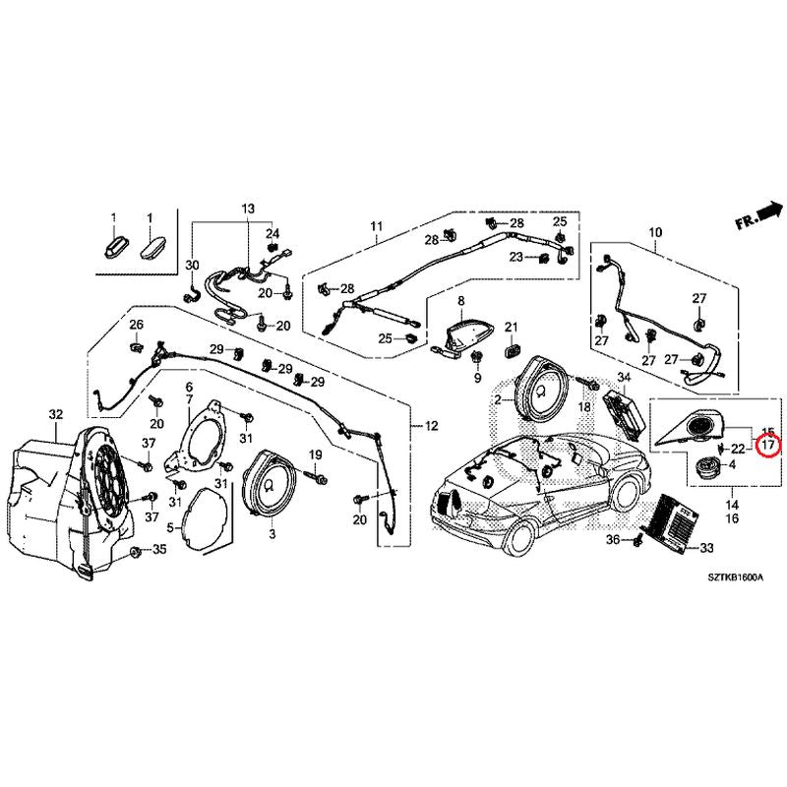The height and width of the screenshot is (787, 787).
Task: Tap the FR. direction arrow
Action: [760, 214]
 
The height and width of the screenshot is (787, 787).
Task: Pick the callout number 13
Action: [247, 210]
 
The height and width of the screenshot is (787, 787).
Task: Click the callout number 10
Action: [654, 233]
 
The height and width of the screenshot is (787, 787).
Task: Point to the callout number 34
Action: [623, 378]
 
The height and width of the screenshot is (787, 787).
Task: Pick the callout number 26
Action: [136, 326]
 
